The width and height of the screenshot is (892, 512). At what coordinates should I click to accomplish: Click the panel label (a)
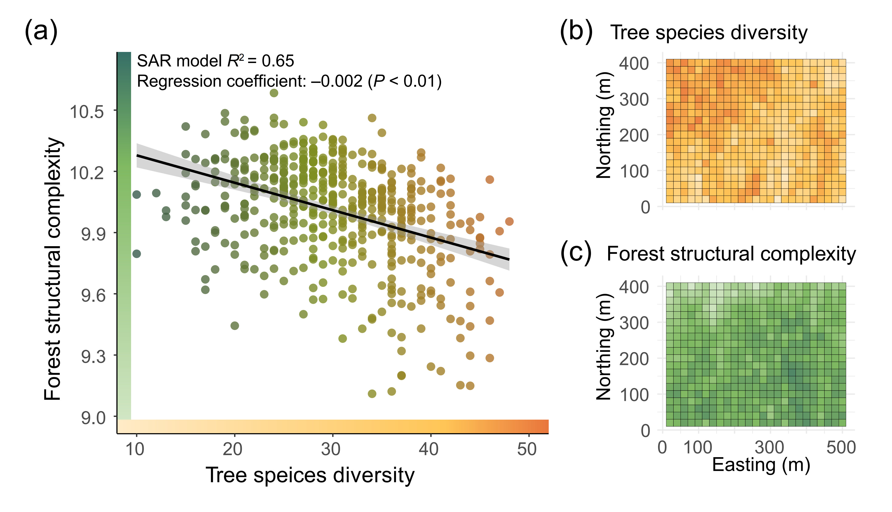point(41,32)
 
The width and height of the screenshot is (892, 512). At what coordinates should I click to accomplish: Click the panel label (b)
point(576,32)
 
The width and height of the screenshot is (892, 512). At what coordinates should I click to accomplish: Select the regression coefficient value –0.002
point(337,82)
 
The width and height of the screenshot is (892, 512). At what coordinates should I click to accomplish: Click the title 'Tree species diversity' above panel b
point(709,33)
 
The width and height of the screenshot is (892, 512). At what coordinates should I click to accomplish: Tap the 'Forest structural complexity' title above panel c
point(731,254)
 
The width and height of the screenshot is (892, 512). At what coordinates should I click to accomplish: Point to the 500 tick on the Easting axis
point(841,448)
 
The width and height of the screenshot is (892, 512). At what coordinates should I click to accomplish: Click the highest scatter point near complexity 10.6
point(274,93)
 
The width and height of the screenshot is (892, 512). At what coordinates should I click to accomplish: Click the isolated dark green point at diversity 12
point(156,193)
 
